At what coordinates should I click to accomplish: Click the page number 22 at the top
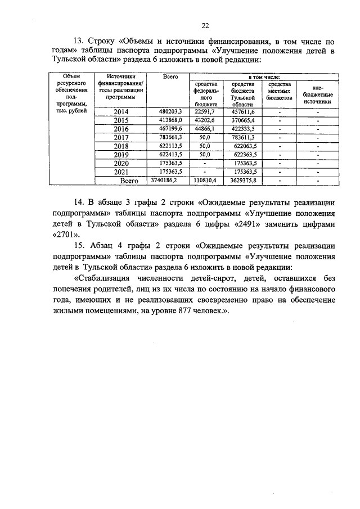205,25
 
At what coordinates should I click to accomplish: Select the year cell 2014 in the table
121,112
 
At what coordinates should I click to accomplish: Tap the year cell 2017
121,137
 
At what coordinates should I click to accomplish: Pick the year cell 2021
121,172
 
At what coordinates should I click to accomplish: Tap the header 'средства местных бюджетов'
280,91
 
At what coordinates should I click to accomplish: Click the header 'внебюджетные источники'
318,94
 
